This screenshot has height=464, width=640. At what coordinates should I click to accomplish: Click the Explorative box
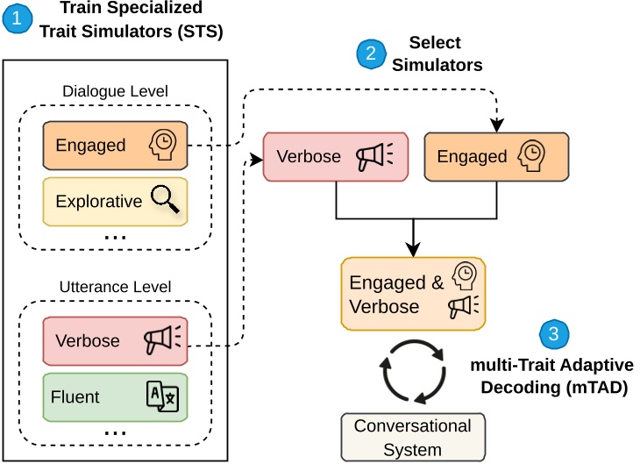tap(115, 201)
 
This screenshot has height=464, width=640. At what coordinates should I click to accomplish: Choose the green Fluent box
tap(115, 396)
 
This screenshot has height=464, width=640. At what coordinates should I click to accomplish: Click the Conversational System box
tap(412, 437)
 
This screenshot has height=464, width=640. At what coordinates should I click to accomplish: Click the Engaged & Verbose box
tap(413, 294)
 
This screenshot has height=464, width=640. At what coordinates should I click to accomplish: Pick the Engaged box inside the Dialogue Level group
tap(115, 145)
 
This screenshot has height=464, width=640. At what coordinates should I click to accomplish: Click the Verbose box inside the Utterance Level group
tap(115, 340)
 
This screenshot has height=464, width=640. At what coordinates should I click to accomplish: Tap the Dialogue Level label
tap(115, 91)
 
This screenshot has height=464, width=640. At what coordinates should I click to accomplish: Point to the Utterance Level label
tap(115, 287)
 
